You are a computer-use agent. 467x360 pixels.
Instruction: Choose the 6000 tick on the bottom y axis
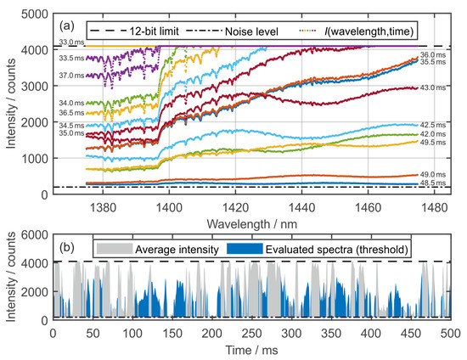pos(36,234)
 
